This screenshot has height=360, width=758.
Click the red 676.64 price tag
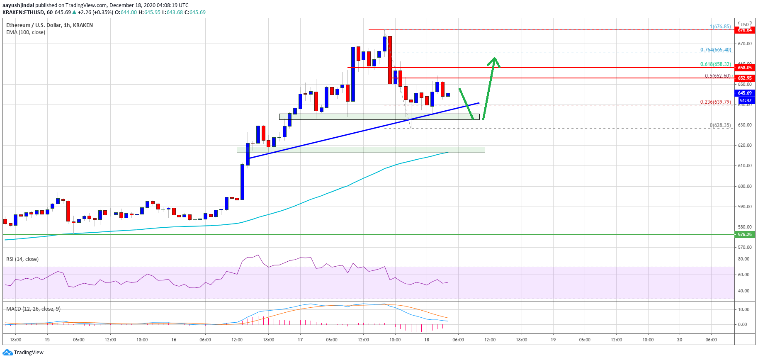[744, 30]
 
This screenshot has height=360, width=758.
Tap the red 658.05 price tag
[744, 68]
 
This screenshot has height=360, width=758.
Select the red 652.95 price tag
[744, 78]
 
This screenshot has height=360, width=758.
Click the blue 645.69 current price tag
[744, 93]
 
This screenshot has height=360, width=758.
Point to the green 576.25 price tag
[744, 234]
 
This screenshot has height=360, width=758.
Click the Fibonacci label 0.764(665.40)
[715, 50]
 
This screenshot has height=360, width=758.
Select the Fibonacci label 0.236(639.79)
[715, 102]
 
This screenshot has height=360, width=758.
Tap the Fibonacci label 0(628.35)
[720, 125]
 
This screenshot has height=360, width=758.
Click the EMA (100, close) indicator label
[26, 32]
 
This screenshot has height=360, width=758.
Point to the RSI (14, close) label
[22, 259]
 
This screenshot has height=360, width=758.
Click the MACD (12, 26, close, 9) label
[33, 309]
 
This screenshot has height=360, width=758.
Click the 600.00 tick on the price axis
[744, 186]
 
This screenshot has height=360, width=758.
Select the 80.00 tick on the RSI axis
[743, 259]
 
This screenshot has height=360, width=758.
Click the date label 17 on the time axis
[300, 340]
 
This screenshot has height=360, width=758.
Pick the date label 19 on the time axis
[553, 340]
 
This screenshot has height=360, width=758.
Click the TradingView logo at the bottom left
[23, 353]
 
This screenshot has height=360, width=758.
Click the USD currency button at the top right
[745, 24]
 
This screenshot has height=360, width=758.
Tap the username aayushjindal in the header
[18, 5]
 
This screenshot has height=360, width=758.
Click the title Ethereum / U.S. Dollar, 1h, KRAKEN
[49, 25]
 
